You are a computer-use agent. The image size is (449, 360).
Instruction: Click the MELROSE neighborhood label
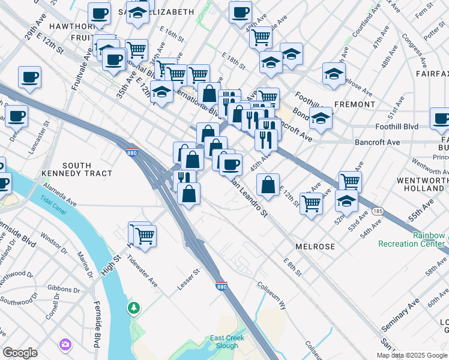(x=315, y=247)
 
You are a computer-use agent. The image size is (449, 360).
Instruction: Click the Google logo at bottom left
(x=20, y=353)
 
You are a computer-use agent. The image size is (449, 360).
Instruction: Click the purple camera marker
(x=64, y=344)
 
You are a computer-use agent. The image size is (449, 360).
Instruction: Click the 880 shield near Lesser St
(x=221, y=287)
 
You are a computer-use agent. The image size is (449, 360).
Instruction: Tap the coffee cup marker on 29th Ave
(x=29, y=77)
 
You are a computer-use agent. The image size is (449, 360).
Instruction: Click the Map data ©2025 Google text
(x=412, y=355)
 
